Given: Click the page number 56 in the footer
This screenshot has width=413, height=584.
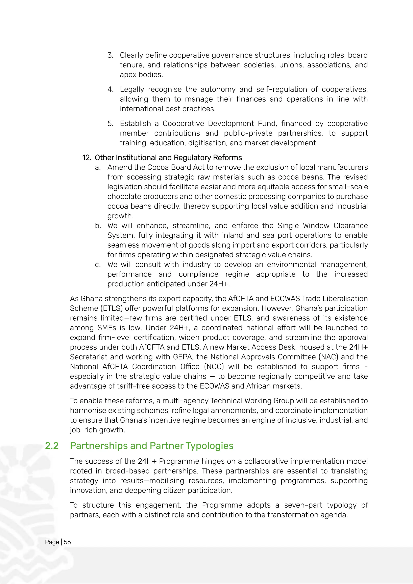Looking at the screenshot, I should coord(67,542).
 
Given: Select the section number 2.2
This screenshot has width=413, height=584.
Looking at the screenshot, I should coord(52,446).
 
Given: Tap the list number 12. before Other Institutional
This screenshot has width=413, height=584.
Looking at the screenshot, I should coord(87,158).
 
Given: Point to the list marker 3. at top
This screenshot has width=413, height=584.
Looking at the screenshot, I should coord(110,55).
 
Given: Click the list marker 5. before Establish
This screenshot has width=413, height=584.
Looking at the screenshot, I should coord(110,123).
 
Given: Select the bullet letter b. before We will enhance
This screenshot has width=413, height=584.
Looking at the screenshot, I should coord(98,226).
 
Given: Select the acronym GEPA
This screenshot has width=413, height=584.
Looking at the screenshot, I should coord(183,357).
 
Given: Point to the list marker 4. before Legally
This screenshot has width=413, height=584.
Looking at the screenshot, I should coord(110,89).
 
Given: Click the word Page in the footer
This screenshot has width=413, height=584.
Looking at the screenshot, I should coord(52,542).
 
